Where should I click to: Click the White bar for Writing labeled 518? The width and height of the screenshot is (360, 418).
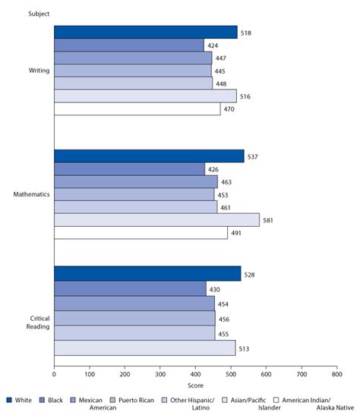[x=145, y=32]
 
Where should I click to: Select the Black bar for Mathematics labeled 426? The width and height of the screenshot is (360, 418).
[x=129, y=169]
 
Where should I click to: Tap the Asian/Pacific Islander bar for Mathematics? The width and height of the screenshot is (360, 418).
[x=156, y=220]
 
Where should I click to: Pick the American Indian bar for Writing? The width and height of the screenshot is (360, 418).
[x=137, y=109]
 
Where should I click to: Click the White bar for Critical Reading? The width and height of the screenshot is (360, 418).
[x=147, y=274]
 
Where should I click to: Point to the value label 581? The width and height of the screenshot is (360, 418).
[x=267, y=221]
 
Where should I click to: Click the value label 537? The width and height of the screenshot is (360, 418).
[x=252, y=156]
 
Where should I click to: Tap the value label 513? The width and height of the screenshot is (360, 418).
[x=245, y=350]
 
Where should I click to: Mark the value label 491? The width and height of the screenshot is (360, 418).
[x=235, y=234]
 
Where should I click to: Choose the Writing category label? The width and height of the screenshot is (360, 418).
[x=39, y=71]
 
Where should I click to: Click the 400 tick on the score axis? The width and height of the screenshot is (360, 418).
[x=195, y=374]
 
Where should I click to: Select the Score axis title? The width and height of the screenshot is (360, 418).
[x=194, y=386]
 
